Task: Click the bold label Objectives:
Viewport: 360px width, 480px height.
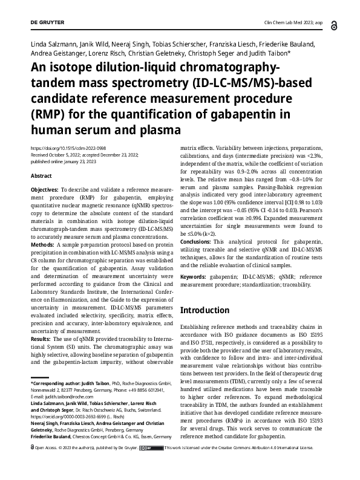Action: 45,190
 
